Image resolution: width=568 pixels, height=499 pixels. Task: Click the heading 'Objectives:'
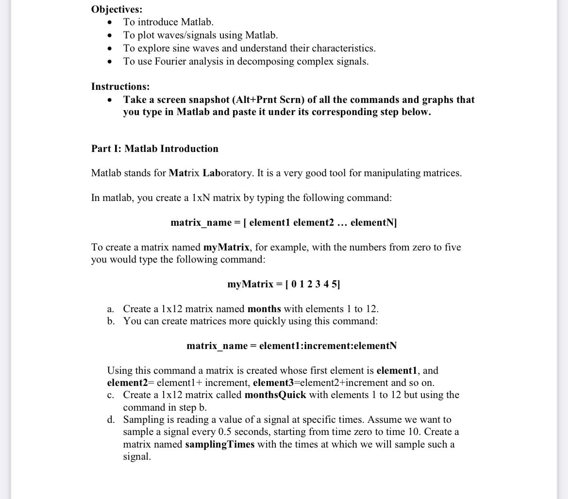(x=117, y=9)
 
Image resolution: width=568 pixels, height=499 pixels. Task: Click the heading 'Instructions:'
(x=120, y=86)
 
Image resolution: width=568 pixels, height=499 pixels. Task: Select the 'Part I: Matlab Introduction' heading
(x=154, y=149)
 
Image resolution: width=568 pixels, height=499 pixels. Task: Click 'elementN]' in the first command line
(x=373, y=222)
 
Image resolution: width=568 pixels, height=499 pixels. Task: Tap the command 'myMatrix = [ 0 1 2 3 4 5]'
(x=284, y=284)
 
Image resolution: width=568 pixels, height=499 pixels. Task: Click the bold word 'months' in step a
(x=264, y=309)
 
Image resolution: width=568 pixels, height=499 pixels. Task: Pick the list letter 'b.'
(x=111, y=321)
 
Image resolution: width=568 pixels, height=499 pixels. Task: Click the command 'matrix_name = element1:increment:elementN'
(x=291, y=346)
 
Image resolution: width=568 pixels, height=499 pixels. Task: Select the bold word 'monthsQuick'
(x=275, y=395)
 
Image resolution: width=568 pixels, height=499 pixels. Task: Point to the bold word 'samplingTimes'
(x=219, y=444)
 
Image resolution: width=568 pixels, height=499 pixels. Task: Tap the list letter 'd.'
(x=111, y=419)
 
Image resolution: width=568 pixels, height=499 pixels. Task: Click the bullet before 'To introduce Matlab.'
(x=111, y=22)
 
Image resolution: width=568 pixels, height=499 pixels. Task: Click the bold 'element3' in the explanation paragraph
(x=271, y=383)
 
